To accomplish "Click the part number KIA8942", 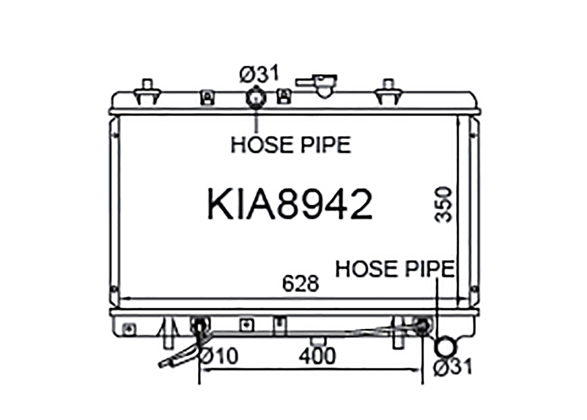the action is pos(290,204).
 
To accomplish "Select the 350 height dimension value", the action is pos(443,205).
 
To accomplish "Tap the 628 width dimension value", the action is pos(301,284).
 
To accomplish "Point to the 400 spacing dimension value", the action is pos(317,356).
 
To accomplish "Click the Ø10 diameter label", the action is pos(219,356).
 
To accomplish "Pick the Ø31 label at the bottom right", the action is pos(452,366).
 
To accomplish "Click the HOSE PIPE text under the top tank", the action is pos(291,145).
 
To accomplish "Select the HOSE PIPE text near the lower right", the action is pos(395,269).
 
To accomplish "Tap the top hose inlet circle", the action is pos(256,98).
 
